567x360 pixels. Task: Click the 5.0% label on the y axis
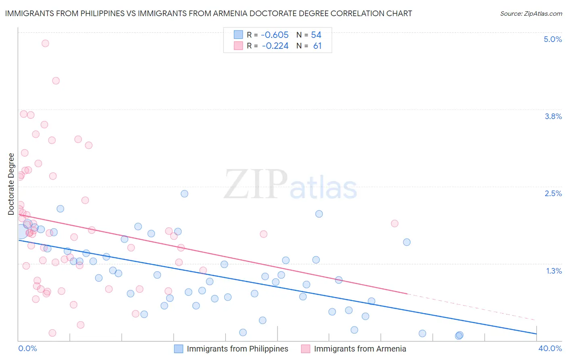pos(552,39)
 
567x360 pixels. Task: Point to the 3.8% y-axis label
pos(553,116)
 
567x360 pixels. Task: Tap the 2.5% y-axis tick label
pos(553,193)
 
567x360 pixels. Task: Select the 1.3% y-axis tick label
pos(554,271)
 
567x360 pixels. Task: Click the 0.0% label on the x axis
pos(27,348)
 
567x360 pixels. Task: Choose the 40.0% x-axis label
pos(550,348)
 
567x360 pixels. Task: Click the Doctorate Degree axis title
pos(11,184)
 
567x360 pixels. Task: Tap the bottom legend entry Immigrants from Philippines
pos(237,349)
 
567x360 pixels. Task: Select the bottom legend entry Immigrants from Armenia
pos(360,349)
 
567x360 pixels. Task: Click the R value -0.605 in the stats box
pos(275,35)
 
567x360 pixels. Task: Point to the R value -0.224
pos(275,46)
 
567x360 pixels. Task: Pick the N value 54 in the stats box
pos(316,35)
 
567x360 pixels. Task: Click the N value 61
pos(317,46)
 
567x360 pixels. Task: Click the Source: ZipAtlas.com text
pos(531,13)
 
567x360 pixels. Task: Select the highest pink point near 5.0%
pos(45,43)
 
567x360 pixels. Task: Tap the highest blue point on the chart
pos(184,193)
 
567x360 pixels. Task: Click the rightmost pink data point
pos(394,223)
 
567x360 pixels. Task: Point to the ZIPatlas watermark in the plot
pos(290,184)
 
